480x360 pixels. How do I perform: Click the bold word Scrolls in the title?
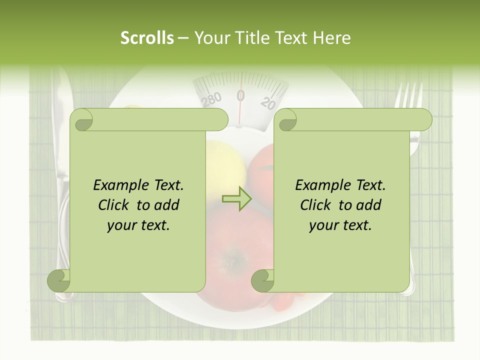click(147, 38)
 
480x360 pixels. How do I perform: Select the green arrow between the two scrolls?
click(237, 199)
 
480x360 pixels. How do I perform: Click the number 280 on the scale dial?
click(211, 99)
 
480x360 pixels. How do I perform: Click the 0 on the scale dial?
click(240, 95)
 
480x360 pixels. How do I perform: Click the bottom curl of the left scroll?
click(59, 280)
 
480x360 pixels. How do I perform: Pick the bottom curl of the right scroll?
click(262, 280)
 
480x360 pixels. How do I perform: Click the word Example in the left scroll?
click(116, 185)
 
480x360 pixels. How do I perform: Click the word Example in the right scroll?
click(318, 185)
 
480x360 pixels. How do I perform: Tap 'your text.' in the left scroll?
click(138, 225)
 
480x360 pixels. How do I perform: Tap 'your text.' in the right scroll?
click(340, 225)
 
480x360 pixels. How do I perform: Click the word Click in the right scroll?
click(315, 205)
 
